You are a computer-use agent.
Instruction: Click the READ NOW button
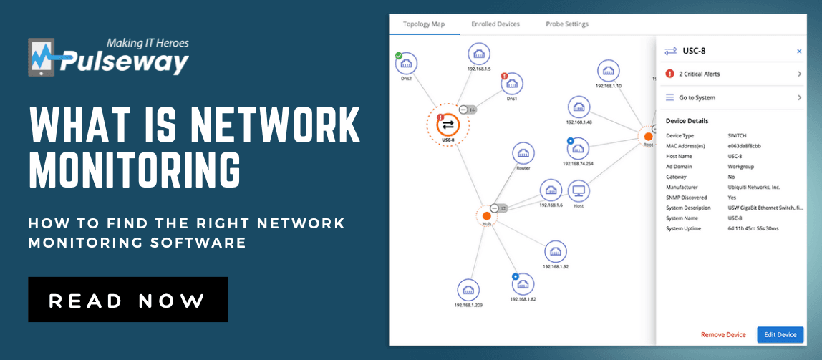coord(127,300)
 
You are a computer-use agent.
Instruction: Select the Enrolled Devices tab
coord(495,24)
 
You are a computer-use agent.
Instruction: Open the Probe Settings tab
coord(566,24)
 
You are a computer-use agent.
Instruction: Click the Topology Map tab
coord(424,24)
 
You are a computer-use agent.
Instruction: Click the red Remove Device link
coord(723,335)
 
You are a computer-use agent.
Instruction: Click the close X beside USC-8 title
coord(799,52)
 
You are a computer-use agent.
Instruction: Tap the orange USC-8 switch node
coord(448,125)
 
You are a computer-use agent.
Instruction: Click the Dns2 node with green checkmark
coord(406,64)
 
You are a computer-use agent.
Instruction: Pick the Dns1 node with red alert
coord(511,84)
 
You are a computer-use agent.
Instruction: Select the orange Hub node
coord(486,215)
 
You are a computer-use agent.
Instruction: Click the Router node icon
coord(523,153)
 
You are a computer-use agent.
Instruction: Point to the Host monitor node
coord(579,191)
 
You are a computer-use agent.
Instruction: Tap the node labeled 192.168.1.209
coord(468,290)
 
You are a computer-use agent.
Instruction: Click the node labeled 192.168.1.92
coord(556,251)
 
